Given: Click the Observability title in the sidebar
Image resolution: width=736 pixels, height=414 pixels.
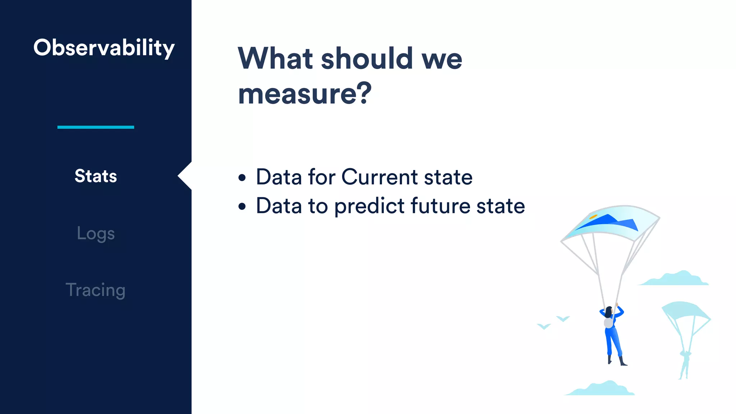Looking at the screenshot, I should point(104,48).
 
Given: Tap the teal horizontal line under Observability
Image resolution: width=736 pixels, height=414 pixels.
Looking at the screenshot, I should point(96,127).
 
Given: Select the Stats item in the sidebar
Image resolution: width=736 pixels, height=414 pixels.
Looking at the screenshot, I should point(96,176).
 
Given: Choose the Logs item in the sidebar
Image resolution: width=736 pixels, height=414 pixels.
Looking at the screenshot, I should point(96,234).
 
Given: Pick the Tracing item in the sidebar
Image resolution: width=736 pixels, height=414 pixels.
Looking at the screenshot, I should point(96,290).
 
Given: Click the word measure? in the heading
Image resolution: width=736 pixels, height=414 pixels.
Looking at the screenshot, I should point(305,93).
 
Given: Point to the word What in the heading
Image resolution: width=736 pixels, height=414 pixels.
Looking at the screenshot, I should point(275,59).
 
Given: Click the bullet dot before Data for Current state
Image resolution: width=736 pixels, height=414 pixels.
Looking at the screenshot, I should point(242,178).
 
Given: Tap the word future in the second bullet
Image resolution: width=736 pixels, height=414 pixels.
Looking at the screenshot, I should point(440,206).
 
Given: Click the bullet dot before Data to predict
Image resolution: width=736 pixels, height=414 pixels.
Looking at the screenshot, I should point(242,207).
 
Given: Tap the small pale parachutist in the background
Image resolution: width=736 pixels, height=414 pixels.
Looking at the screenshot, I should point(685,363).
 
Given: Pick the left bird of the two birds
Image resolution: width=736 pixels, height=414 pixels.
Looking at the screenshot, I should point(544,326).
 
